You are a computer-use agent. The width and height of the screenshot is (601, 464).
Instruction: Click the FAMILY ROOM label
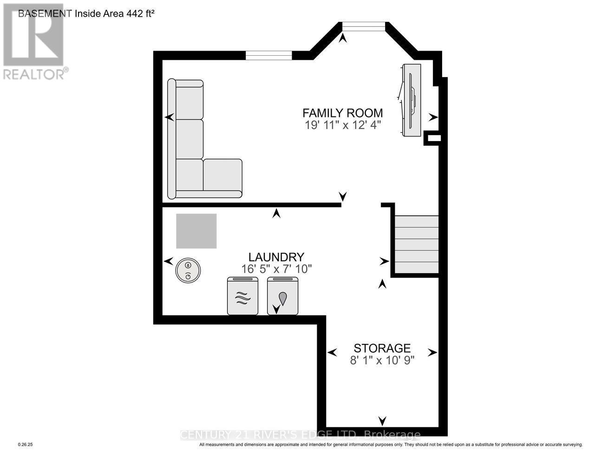tap(342, 113)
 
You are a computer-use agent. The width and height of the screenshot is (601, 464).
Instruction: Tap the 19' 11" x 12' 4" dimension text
tap(343, 125)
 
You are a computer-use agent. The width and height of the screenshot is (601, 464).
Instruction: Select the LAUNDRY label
tap(276, 257)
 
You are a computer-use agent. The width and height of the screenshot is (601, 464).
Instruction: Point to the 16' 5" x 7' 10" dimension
tap(276, 269)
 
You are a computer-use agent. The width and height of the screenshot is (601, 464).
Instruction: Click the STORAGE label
tap(382, 348)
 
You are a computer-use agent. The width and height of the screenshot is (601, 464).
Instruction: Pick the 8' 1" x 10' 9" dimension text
tap(382, 360)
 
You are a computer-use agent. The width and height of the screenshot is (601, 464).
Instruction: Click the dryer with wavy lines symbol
tap(242, 296)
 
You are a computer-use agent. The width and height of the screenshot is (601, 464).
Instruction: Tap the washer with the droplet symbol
tap(282, 296)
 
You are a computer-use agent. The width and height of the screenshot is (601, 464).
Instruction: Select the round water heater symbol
tap(188, 271)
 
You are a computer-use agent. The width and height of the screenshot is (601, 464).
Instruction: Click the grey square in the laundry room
tap(196, 231)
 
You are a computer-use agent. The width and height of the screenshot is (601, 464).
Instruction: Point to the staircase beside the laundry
tap(416, 245)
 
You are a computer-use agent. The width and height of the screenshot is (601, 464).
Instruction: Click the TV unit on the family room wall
tap(412, 100)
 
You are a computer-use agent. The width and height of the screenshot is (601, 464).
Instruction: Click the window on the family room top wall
tap(268, 55)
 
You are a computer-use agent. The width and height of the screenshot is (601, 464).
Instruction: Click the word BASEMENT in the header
tap(45, 13)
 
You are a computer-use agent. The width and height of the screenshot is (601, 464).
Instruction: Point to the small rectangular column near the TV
tap(433, 138)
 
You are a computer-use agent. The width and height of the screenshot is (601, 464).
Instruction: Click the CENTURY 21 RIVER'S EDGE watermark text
tap(300, 435)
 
